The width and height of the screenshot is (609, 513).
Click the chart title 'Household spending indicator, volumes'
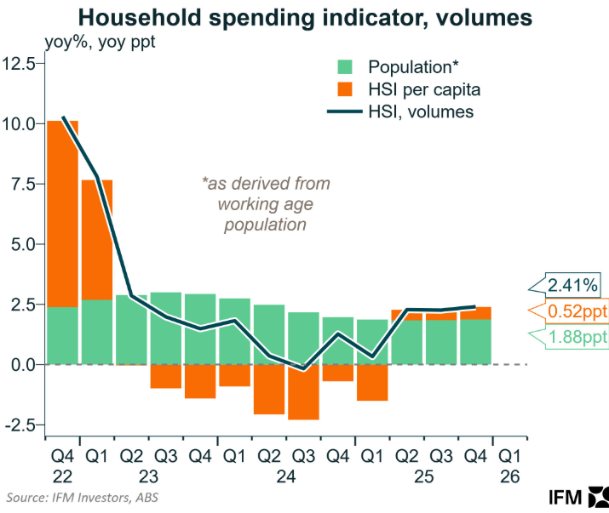click(304, 17)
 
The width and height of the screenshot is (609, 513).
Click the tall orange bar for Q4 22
click(62, 213)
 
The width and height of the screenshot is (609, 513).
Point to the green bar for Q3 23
click(165, 328)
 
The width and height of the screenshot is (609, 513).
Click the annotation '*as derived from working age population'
click(265, 204)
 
